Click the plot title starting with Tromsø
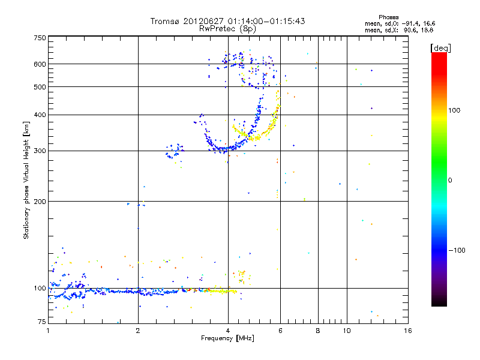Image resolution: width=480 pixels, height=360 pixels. [x=228, y=21]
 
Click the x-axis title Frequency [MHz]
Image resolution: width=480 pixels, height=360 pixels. [x=227, y=339]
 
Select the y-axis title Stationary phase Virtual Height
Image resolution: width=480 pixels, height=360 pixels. [x=26, y=180]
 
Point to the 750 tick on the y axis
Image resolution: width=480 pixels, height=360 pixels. [x=40, y=38]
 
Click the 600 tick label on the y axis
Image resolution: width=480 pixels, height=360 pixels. [x=40, y=64]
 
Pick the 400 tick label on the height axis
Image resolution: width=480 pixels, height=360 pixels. [x=40, y=115]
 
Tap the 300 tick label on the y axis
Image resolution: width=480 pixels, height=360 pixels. [x=40, y=151]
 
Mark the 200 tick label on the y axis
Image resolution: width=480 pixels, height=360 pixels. [x=40, y=202]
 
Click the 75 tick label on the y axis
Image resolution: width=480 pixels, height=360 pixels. [x=41, y=322]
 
